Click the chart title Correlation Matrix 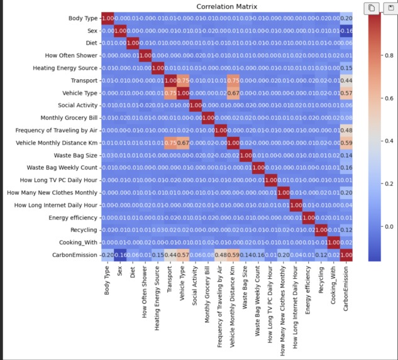[x=228, y=7]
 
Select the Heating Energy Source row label [x=62, y=68]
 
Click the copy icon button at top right [x=372, y=8]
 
